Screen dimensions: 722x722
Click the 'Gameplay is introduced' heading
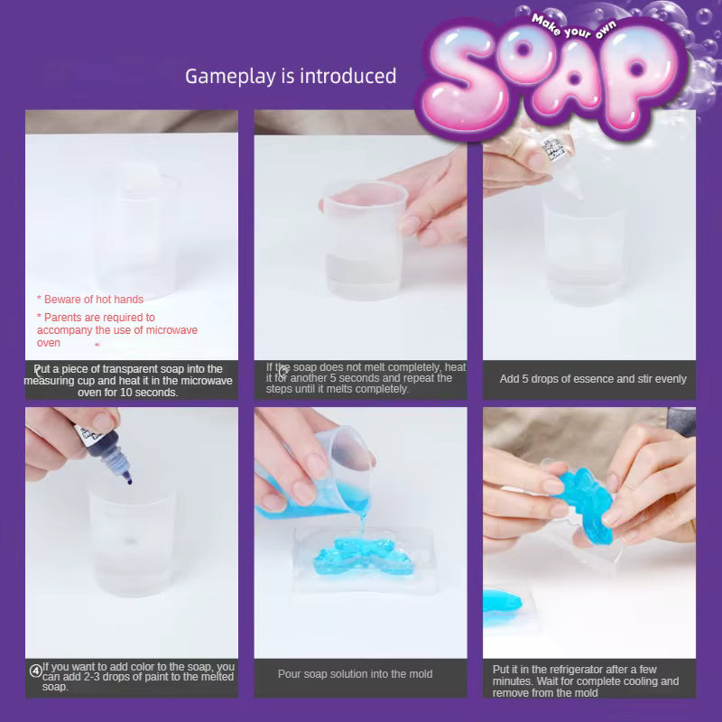click(x=291, y=76)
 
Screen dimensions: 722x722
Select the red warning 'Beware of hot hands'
click(x=90, y=299)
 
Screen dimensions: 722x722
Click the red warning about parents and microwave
click(x=116, y=329)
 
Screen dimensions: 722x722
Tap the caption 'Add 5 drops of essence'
click(x=593, y=379)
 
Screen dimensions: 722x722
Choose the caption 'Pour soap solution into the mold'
click(x=355, y=673)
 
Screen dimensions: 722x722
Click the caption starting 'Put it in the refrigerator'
click(x=586, y=680)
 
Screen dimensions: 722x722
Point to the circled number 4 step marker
click(x=35, y=671)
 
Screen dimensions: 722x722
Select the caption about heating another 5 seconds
click(x=366, y=378)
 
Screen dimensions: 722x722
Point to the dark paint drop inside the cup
click(x=134, y=541)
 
